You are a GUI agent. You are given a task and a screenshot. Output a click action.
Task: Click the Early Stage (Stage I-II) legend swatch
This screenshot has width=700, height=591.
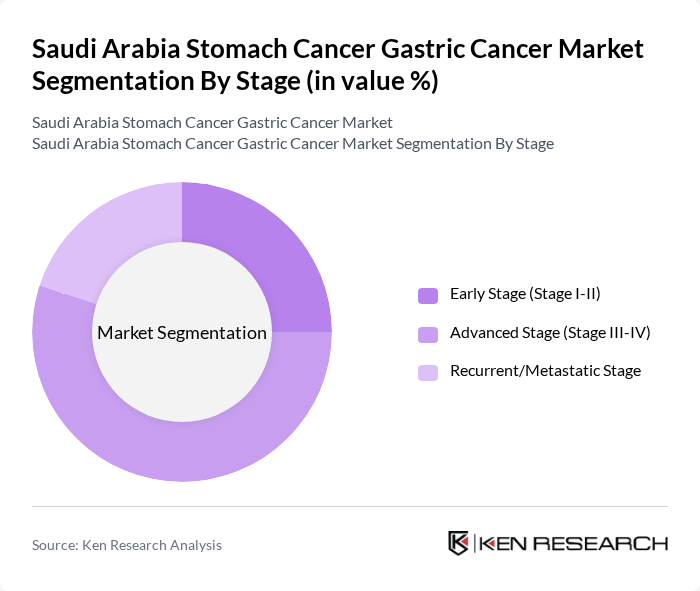pyautogui.click(x=428, y=295)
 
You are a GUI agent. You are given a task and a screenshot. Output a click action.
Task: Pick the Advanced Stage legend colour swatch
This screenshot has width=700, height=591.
pyautogui.click(x=428, y=334)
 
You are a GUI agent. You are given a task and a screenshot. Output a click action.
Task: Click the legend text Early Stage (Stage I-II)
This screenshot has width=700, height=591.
pyautogui.click(x=525, y=294)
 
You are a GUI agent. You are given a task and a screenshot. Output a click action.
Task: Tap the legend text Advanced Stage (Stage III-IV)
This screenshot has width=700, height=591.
pyautogui.click(x=550, y=333)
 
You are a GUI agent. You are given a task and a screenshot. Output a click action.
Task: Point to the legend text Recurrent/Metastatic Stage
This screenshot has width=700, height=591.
pyautogui.click(x=545, y=371)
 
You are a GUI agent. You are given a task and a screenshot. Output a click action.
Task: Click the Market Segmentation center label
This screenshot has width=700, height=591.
pyautogui.click(x=182, y=333)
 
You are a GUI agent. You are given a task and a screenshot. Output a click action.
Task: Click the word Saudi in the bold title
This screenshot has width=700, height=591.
pyautogui.click(x=65, y=48)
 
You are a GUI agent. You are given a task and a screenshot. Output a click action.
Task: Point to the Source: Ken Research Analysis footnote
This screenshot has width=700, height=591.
pyautogui.click(x=127, y=545)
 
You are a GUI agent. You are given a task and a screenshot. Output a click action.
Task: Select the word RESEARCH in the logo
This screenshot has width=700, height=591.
pyautogui.click(x=606, y=544)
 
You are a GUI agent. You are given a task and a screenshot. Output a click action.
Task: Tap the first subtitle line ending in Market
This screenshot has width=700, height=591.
pyautogui.click(x=212, y=122)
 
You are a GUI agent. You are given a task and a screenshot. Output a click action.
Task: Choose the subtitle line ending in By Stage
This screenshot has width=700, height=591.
pyautogui.click(x=292, y=143)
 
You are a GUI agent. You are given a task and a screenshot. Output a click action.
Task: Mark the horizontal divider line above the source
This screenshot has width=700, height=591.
pyautogui.click(x=350, y=506)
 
